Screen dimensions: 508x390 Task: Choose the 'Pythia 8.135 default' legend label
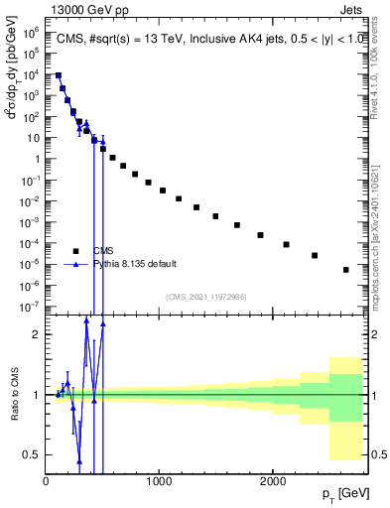(x=135, y=264)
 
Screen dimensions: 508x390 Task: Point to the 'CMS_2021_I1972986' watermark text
(x=205, y=297)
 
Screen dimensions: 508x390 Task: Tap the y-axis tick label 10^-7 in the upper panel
(x=30, y=307)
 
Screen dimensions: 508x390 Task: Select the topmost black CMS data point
(x=59, y=75)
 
